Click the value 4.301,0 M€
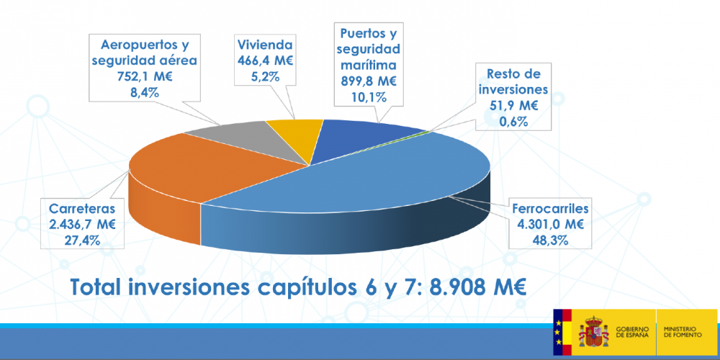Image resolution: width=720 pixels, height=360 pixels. [551, 225]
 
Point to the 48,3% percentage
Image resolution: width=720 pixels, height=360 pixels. [551, 240]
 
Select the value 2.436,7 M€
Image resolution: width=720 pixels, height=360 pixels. [82, 225]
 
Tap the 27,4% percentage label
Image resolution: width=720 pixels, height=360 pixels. [82, 240]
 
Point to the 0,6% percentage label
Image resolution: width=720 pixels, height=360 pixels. [515, 122]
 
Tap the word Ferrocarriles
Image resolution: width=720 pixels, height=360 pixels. [551, 209]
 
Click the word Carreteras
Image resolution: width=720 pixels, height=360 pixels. [82, 209]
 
